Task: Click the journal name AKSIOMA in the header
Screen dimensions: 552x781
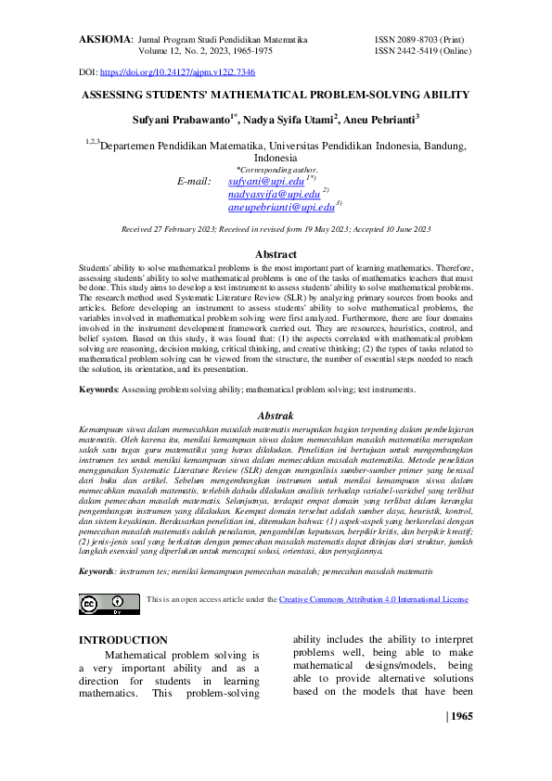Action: pos(104,41)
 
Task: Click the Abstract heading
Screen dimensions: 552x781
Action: pos(276,253)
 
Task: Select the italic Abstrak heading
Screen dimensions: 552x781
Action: pos(276,416)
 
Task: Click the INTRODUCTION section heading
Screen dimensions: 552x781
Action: pos(122,640)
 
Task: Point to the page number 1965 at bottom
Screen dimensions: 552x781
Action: pos(462,716)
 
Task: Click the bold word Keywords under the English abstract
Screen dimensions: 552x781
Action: pos(97,390)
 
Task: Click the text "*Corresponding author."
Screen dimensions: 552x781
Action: pos(276,169)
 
